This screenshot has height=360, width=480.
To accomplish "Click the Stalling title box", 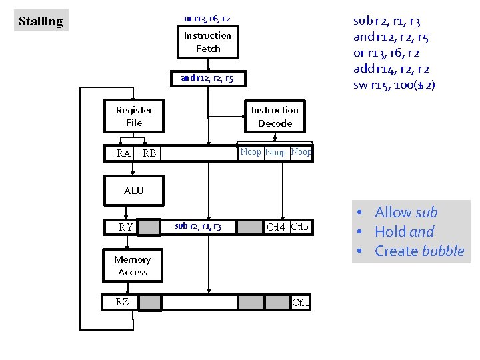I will point(41,21).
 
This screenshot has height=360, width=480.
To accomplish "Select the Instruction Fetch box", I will point(207,42).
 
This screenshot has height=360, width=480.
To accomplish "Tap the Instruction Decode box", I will point(275,117).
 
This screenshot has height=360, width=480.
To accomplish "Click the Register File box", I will point(134,116).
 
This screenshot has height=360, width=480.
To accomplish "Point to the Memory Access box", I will point(133,265).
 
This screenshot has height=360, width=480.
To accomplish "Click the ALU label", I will point(133,191).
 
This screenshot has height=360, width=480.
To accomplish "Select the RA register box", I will point(123,154).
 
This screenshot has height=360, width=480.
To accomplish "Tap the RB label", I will point(149,154).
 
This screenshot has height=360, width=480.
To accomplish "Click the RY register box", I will point(125,227).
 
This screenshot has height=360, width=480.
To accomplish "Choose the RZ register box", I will point(122,302).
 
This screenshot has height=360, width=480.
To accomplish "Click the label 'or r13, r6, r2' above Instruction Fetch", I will point(207,18).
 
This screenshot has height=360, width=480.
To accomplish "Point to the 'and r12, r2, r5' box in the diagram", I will point(207,79).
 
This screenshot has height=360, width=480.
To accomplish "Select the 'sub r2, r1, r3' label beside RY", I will point(198,227).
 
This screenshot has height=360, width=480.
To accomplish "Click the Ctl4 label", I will point(276,227).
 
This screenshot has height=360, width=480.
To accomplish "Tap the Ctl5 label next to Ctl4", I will point(301,227).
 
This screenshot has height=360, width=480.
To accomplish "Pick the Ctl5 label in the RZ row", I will point(301,303).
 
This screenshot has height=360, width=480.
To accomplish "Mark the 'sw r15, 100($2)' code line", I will point(394,85).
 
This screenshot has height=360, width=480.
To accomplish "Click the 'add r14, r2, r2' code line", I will point(391,69).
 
